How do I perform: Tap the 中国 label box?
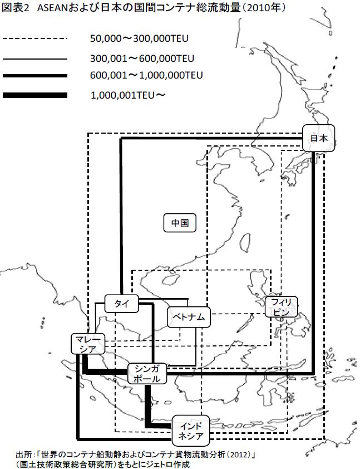(x=180, y=223)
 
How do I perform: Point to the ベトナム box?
(x=189, y=317)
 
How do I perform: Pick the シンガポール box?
(x=147, y=373)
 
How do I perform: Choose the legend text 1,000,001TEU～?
(x=128, y=96)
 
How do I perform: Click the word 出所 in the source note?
(x=24, y=454)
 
